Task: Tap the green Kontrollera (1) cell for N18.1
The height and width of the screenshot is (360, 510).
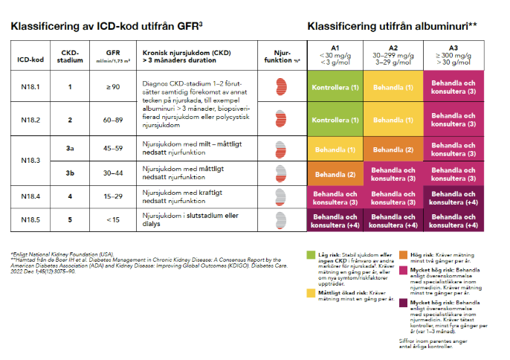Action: [x=335, y=87]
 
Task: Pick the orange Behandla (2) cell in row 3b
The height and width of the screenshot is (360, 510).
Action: [x=335, y=174]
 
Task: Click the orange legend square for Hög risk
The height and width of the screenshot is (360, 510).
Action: [x=402, y=254]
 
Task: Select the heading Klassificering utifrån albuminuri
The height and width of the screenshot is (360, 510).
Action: [x=391, y=26]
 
